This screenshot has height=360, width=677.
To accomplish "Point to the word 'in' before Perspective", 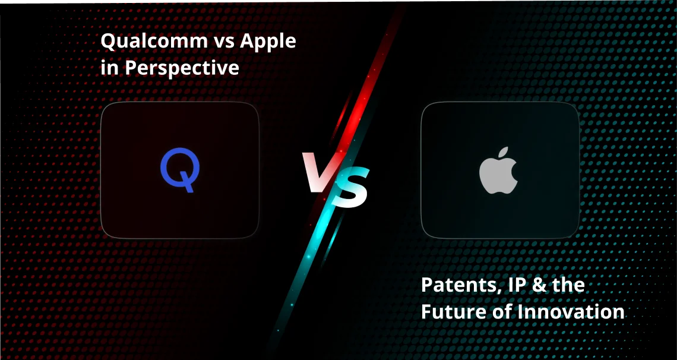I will (107, 68).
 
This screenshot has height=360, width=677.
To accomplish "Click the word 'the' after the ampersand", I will (567, 285).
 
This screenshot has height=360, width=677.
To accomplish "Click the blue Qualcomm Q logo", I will (179, 170).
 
